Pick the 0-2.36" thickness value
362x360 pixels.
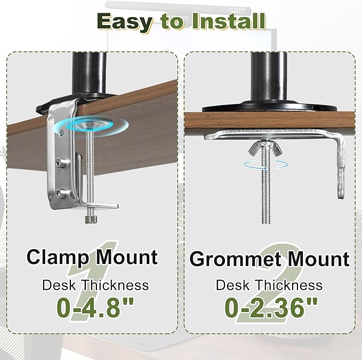tap(270, 308)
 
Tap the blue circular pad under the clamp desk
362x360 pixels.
tap(101, 125)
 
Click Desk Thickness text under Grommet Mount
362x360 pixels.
tap(269, 285)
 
